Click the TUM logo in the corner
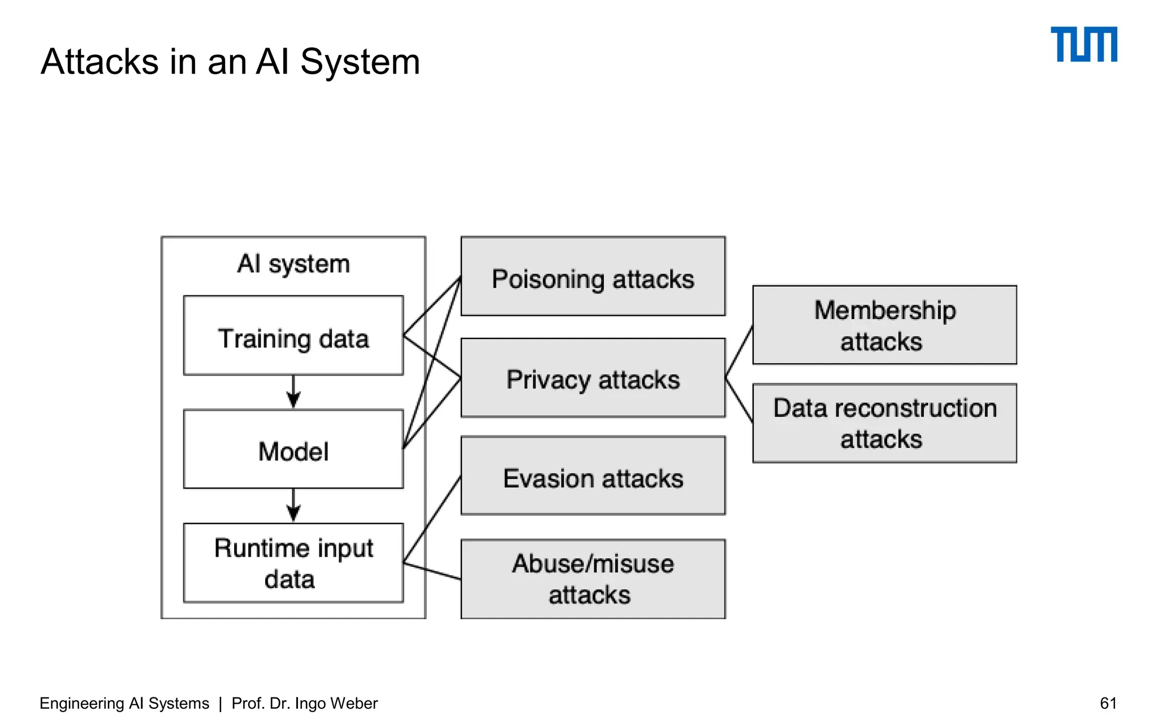(x=1083, y=44)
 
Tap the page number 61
(x=1108, y=703)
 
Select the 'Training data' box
(x=293, y=335)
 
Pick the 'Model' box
(x=293, y=450)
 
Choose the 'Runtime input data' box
(x=293, y=563)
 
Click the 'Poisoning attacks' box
(x=593, y=277)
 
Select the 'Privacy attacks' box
(x=593, y=378)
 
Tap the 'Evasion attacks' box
(x=593, y=476)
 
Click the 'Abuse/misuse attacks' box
(x=593, y=579)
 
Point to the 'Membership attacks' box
(x=884, y=325)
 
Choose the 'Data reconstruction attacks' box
(x=884, y=423)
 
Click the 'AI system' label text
(x=293, y=264)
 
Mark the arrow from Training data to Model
(x=293, y=391)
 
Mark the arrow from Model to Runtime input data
(x=293, y=505)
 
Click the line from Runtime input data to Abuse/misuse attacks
(x=433, y=571)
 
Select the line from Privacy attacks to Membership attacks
(x=739, y=351)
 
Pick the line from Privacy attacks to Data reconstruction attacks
(x=739, y=400)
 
